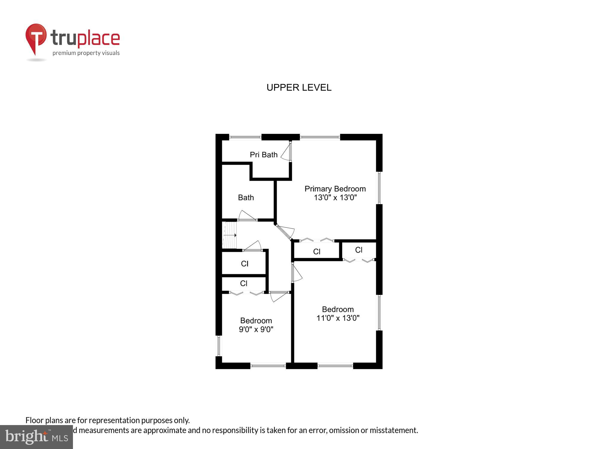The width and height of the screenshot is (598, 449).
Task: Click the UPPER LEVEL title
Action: point(299,87)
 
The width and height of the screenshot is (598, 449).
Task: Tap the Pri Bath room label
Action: point(263,155)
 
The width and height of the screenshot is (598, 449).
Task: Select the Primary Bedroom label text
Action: point(335,189)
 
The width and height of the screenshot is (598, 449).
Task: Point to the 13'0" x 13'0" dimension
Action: point(335,198)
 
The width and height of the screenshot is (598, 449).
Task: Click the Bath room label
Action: point(246,198)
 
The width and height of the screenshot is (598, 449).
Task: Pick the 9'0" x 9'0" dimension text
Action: point(256,329)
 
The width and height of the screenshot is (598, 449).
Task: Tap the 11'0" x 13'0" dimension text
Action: point(338,318)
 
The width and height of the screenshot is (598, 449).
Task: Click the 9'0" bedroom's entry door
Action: point(278,296)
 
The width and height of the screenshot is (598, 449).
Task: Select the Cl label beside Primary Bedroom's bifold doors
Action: point(317,252)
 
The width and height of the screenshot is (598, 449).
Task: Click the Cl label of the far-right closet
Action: point(359,250)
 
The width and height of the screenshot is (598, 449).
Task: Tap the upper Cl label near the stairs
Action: point(245,264)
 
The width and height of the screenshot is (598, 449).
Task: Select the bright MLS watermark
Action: point(36,437)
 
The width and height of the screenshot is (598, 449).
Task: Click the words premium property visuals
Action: point(86,53)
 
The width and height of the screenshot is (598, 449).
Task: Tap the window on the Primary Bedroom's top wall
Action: point(320,137)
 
